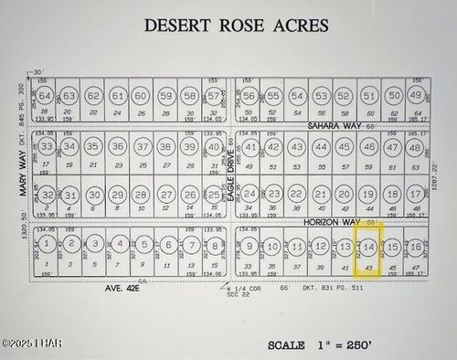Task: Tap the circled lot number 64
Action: (x=45, y=96)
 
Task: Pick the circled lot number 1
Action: (x=46, y=245)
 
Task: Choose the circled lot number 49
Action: (x=416, y=96)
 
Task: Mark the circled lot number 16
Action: (x=416, y=247)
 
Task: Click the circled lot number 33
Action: (x=46, y=146)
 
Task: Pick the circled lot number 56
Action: (x=249, y=96)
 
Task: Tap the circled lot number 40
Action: (x=213, y=146)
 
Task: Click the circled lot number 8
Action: (x=213, y=245)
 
